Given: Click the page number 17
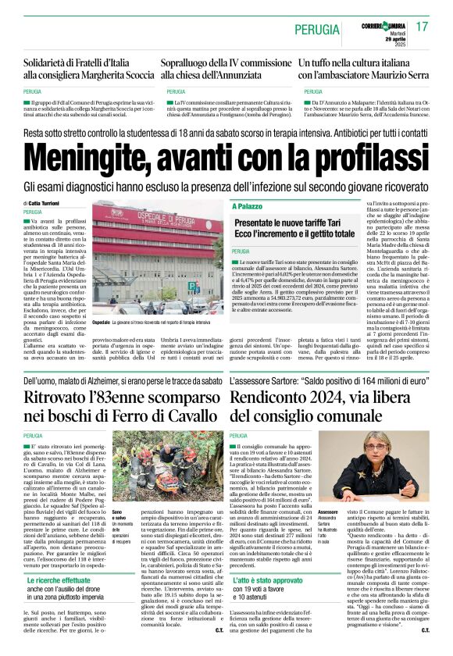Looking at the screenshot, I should [x=423, y=27].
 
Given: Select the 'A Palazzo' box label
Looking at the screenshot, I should [x=248, y=206].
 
